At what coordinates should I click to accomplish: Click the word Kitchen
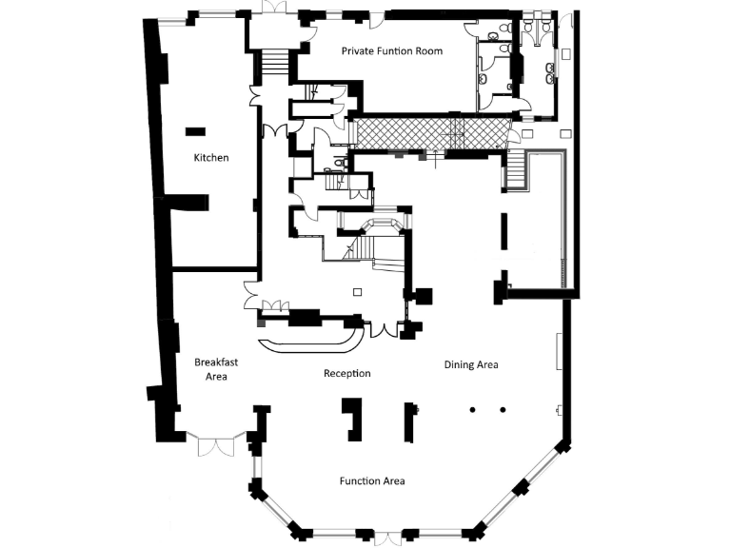point(211,157)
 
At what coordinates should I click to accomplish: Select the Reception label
point(346,373)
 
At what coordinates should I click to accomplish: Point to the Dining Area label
point(471,364)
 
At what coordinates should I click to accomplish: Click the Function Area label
point(372,480)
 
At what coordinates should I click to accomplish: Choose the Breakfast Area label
point(210,368)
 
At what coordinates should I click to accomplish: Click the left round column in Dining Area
point(471,410)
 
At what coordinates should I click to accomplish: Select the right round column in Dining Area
point(503,410)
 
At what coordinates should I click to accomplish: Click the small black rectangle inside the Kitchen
point(195,130)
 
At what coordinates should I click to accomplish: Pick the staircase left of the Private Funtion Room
point(273,62)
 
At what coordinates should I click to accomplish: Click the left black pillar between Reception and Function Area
point(353,419)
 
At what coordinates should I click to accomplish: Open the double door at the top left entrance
point(274,9)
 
